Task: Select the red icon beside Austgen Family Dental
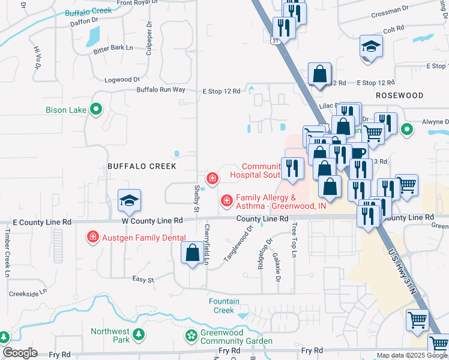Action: [x=92, y=237]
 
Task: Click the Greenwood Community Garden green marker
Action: [x=191, y=335]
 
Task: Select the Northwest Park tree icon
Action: [x=138, y=334]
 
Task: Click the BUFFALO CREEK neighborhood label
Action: [x=142, y=166]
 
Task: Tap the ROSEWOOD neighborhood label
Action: [x=399, y=95]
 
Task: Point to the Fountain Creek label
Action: [x=224, y=306]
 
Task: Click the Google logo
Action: [x=19, y=353]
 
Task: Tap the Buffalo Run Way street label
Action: [x=161, y=90]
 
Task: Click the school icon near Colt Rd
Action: [x=371, y=46]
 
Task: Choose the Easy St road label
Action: [x=143, y=280]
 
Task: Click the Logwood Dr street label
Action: [x=122, y=79]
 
